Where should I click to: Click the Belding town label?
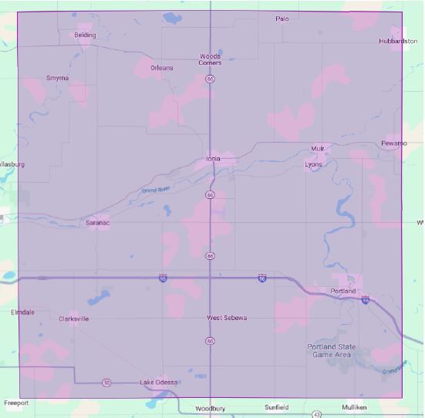coord(85,35)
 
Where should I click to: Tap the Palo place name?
coord(282,19)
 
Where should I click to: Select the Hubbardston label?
coord(398,40)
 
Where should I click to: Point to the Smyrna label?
coord(57,78)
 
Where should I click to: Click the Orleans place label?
coord(161,68)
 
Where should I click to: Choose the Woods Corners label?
coord(210,59)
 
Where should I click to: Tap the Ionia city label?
coord(213,159)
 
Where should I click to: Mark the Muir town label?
coord(318,148)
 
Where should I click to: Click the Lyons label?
coord(314,164)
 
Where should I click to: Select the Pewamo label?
coord(393,143)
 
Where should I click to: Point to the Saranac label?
coord(98,223)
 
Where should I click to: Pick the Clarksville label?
coord(74,318)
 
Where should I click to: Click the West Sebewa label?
coord(226,318)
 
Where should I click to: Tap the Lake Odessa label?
coord(158,383)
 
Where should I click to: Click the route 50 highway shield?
coord(106,383)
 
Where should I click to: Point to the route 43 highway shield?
coord(317,414)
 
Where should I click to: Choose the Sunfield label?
coord(276,406)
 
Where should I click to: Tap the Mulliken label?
coord(354,406)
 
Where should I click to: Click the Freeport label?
coord(15,403)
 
